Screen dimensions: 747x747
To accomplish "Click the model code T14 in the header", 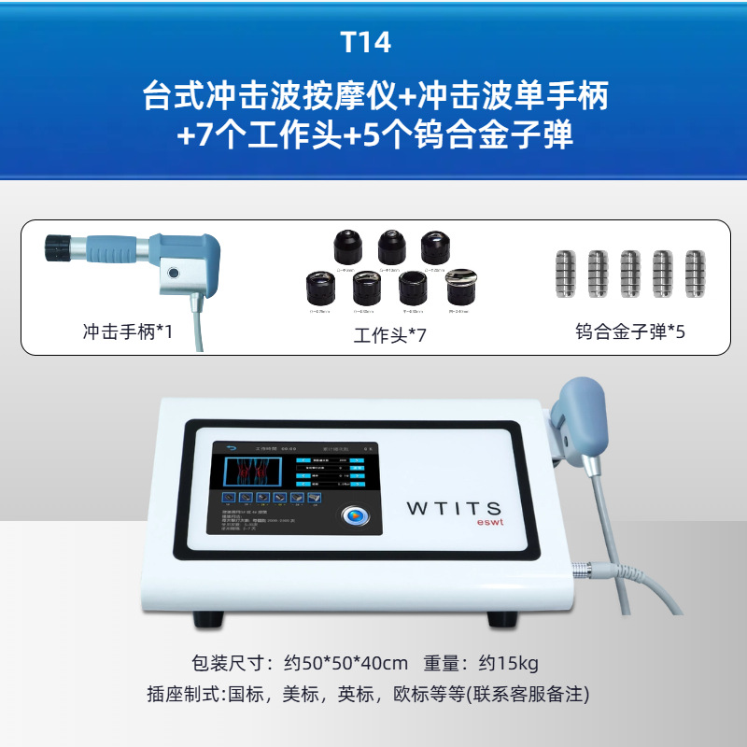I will pyautogui.click(x=373, y=43).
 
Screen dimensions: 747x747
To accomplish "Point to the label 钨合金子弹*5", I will pyautogui.click(x=630, y=331).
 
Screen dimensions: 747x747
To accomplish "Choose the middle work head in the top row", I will pyautogui.click(x=392, y=247).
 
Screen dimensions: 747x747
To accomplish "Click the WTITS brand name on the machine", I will pyautogui.click(x=454, y=508).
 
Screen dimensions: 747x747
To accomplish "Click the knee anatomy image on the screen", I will pyautogui.click(x=251, y=472).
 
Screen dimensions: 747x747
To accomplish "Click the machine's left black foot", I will pyautogui.click(x=214, y=619).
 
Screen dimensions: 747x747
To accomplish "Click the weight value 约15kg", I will pyautogui.click(x=508, y=664).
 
